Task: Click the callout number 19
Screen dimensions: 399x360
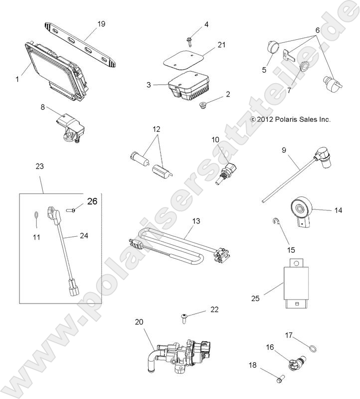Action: (101, 24)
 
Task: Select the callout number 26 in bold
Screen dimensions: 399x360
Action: (92, 202)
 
